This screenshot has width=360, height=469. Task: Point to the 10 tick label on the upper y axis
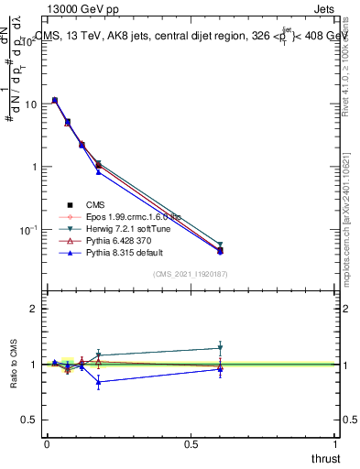30,104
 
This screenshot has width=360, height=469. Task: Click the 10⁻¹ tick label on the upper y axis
28,229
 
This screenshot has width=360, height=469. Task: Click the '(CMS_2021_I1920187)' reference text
191,275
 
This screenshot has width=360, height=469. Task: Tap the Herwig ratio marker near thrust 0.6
220,348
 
